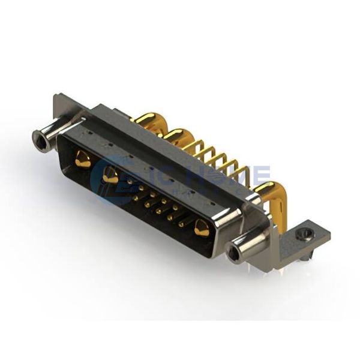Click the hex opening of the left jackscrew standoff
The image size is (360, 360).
pos(41,143)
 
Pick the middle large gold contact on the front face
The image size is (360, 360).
pos(110,175)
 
